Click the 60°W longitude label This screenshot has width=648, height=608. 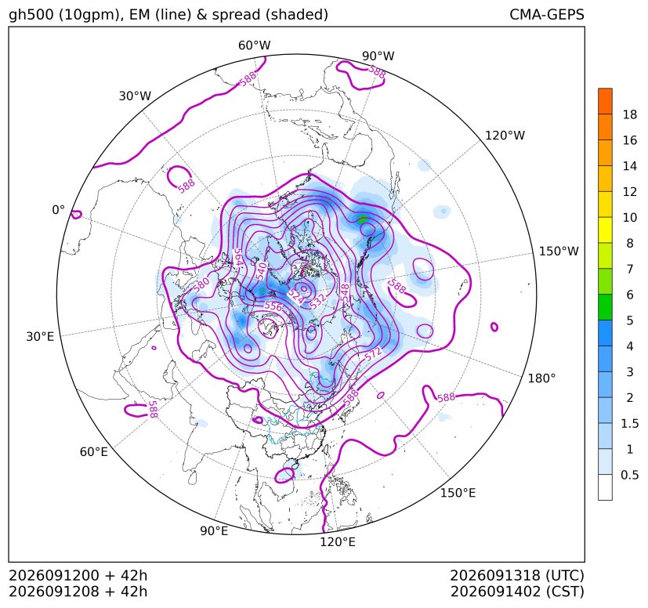[254, 45]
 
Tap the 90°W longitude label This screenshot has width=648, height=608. [378, 56]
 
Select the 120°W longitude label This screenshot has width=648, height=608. [505, 136]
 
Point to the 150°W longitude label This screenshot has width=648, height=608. [559, 251]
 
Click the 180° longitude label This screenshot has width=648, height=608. [541, 378]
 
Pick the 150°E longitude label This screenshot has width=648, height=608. [458, 493]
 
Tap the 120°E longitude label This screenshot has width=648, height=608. [338, 542]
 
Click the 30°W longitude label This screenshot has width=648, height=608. [135, 96]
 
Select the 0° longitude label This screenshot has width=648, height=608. [58, 210]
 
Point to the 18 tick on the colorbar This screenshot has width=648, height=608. [630, 114]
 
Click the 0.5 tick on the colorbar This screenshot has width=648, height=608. [629, 475]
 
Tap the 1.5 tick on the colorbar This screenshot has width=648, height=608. [629, 423]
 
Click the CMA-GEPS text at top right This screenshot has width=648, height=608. [547, 14]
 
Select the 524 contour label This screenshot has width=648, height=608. [295, 296]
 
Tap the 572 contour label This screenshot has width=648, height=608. [373, 354]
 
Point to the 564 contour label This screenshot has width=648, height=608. [238, 258]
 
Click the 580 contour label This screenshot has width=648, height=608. [201, 285]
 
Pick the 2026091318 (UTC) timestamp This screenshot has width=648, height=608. [517, 575]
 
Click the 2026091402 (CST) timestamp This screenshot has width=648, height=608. [517, 592]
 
